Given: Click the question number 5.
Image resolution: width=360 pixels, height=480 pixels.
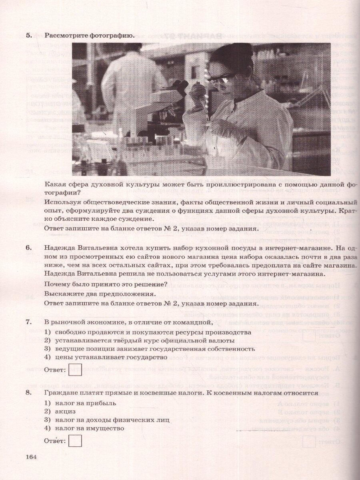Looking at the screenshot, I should tap(28, 36).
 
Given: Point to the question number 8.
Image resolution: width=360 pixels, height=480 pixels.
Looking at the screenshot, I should tap(28, 392).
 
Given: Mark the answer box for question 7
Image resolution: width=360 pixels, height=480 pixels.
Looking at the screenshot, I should tap(76, 370).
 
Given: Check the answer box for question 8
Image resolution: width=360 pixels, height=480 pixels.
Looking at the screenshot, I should tap(76, 441).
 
